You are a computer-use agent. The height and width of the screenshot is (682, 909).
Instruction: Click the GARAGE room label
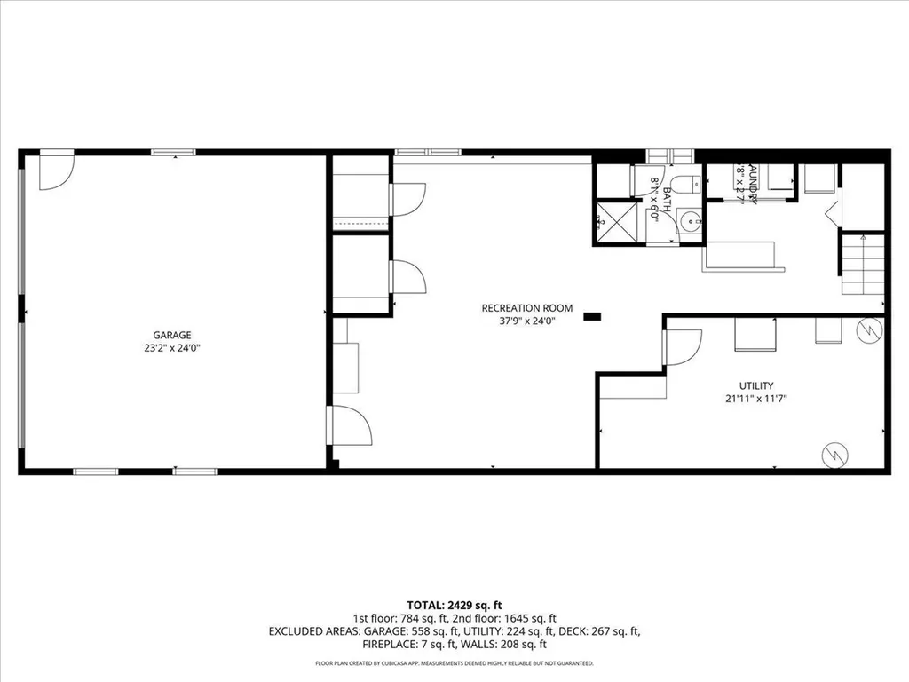click(x=172, y=335)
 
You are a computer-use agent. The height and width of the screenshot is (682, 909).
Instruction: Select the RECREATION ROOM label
click(x=527, y=308)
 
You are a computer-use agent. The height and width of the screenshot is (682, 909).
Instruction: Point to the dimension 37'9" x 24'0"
click(x=527, y=321)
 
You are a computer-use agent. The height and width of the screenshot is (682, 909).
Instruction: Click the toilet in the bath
click(x=684, y=185)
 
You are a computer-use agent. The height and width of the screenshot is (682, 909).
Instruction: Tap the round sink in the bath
click(x=690, y=221)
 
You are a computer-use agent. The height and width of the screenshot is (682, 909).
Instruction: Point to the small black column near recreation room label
click(x=592, y=315)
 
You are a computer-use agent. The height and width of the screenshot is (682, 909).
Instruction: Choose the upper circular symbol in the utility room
click(x=867, y=330)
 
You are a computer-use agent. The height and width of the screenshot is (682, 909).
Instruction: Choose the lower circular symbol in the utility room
click(x=833, y=454)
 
